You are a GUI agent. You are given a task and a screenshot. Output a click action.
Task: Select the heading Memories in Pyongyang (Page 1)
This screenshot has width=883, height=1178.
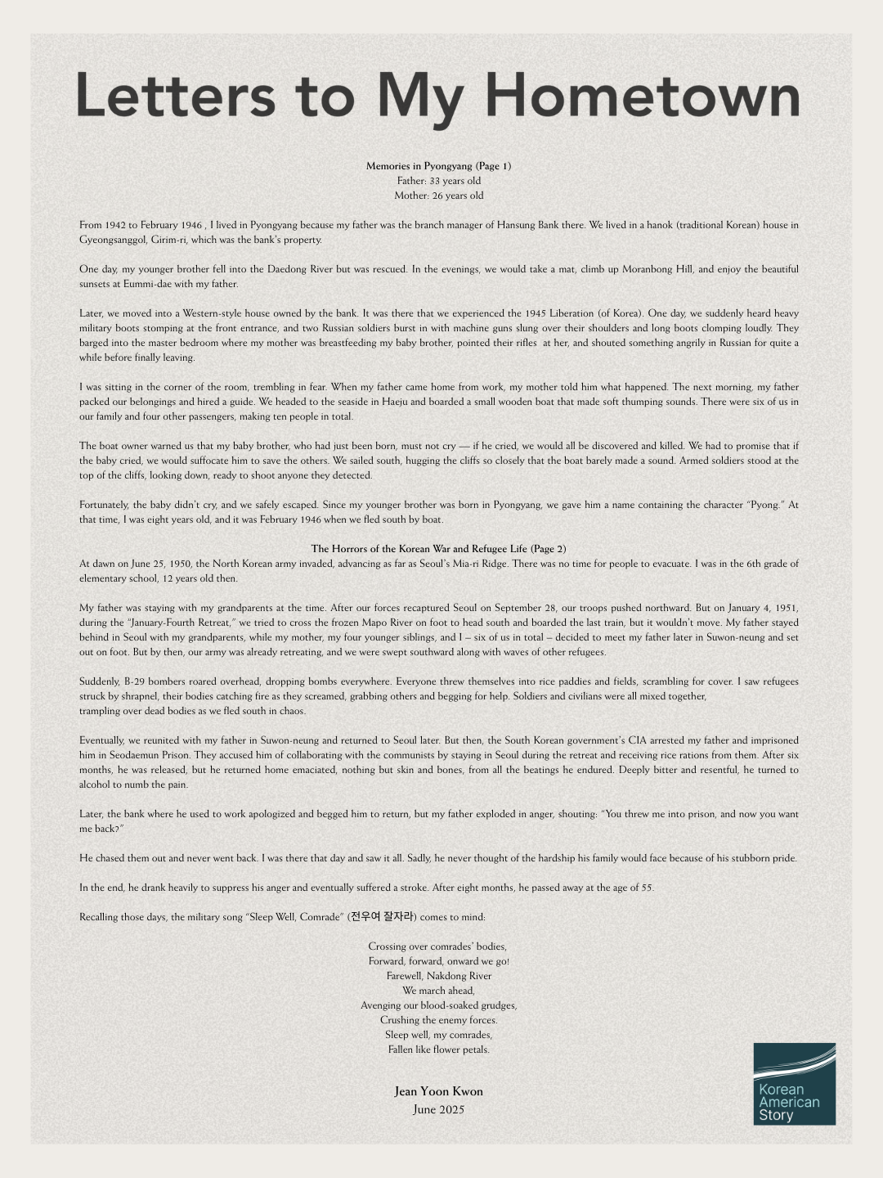point(439,166)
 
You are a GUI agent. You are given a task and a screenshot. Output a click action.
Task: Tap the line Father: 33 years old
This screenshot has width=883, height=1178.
point(439,181)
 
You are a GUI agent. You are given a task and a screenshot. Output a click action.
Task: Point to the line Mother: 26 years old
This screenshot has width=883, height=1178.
point(439,196)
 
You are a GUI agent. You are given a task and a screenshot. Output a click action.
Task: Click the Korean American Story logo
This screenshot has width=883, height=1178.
point(794,1083)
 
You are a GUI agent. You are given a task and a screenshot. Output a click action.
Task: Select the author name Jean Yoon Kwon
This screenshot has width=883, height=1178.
point(439,1091)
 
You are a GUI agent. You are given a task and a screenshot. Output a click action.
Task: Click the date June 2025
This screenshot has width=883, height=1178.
point(439,1110)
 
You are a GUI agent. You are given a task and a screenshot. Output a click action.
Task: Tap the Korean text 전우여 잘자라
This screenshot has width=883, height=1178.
point(383,917)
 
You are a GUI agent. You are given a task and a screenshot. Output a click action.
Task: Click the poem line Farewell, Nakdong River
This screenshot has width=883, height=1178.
point(439,976)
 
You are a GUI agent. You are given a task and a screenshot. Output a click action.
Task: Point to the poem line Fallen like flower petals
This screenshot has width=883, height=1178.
point(439,1050)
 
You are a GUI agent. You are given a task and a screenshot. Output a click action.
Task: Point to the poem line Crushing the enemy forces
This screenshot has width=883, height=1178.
point(439,1020)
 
